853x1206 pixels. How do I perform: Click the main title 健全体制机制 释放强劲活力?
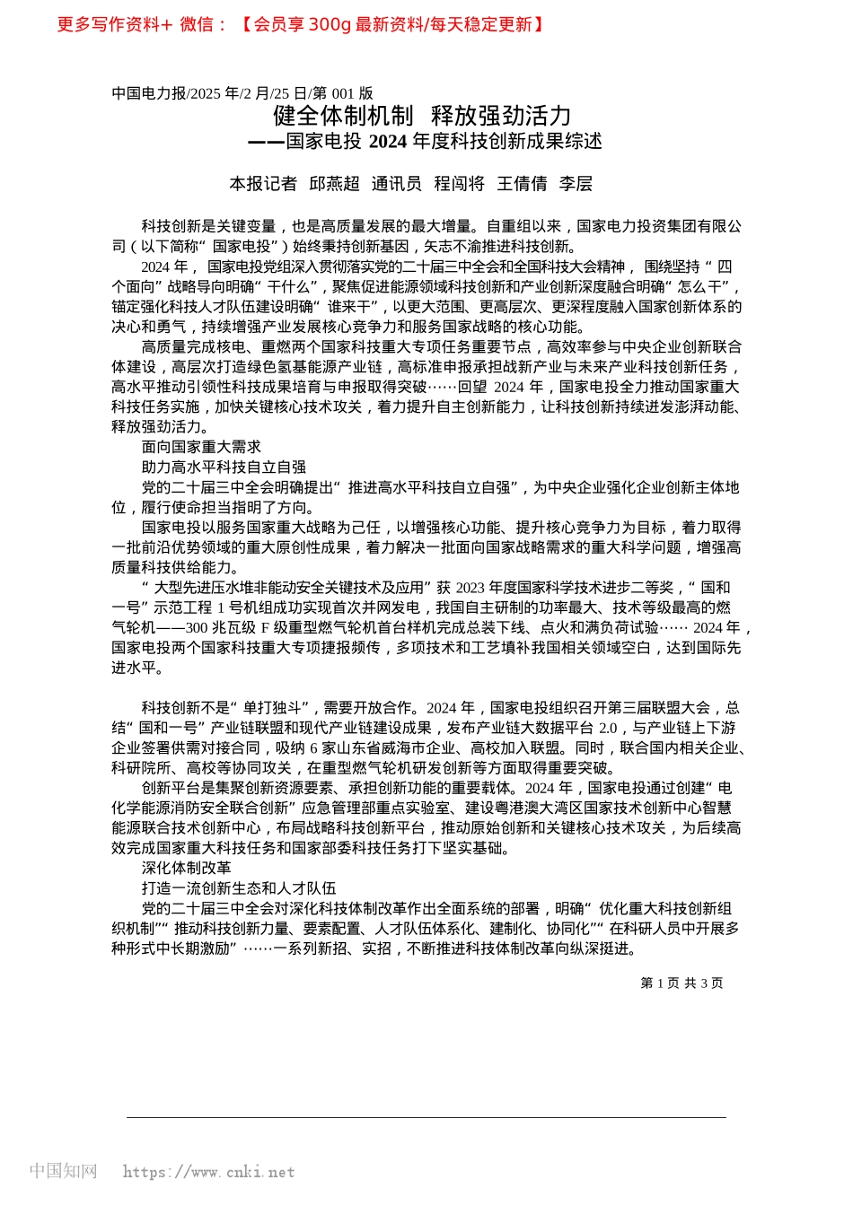coord(422,116)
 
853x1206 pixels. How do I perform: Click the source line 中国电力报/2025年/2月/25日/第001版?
coord(242,93)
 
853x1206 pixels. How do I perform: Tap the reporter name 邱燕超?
coord(334,184)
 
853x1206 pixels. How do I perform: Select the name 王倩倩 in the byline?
coord(522,184)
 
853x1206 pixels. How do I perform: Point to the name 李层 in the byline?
coord(576,184)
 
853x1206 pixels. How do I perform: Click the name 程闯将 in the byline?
coord(459,184)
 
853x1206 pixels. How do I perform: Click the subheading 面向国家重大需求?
coord(201,447)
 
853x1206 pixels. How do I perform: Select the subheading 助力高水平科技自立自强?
coord(224,467)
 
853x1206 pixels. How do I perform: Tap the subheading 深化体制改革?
coord(186,868)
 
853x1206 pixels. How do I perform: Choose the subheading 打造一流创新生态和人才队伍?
coord(239,888)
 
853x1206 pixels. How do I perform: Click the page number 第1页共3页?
coord(682,983)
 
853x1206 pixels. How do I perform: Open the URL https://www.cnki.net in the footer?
coord(208,1172)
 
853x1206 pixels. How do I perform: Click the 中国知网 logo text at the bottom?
coord(63,1171)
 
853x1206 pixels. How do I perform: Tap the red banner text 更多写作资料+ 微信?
coord(142,25)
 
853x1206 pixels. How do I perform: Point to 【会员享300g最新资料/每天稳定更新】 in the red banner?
coord(392,25)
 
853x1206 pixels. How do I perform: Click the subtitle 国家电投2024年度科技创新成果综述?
coord(444,142)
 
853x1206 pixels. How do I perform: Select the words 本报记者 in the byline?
coord(262,184)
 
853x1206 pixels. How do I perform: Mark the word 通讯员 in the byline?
coord(396,184)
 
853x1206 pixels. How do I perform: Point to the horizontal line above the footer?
coord(426,1117)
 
